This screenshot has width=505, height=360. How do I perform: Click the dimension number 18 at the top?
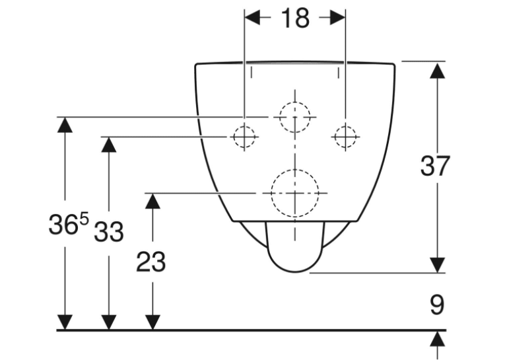295,18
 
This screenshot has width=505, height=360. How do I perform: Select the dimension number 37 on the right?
435,166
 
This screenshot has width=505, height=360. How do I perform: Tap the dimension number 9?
437,305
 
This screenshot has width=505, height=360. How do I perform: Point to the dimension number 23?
151,262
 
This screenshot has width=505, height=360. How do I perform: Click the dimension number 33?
109,231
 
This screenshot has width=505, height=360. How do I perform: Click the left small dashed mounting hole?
244,137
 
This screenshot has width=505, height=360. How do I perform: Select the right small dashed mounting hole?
345,137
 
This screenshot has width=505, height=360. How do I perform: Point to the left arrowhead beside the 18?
252,17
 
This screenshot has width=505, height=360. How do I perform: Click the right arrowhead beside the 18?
338,17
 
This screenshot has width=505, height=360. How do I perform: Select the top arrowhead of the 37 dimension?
438,71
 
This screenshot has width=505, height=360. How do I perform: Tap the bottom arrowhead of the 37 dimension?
438,266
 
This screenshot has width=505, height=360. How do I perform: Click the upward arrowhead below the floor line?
438,340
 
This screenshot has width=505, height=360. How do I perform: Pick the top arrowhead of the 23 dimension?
152,201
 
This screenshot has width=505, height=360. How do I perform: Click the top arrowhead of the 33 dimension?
109,145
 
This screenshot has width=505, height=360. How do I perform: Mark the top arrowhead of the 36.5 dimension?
65,125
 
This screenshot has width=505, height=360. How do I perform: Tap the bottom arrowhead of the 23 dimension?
152,322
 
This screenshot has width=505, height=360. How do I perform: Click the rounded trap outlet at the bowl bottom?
295,271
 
